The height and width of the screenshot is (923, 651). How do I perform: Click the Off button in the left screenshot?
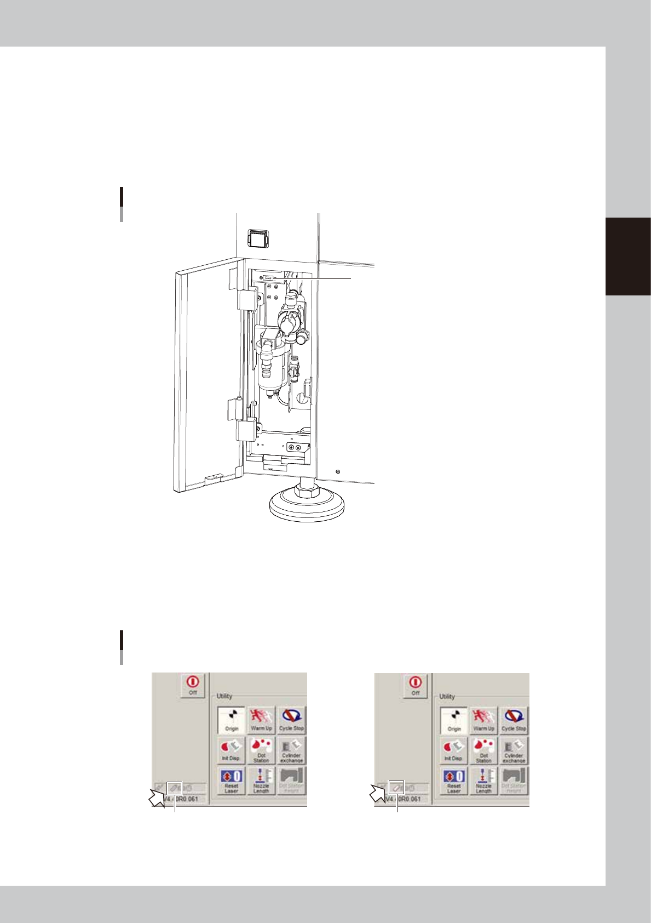click(193, 685)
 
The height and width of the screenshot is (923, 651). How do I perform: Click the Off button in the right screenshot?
click(415, 685)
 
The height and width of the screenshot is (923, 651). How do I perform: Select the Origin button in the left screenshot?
click(232, 720)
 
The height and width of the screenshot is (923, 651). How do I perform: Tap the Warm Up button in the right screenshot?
click(483, 720)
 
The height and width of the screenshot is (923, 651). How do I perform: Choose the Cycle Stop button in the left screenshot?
click(291, 720)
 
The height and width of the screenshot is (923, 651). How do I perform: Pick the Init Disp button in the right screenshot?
click(453, 750)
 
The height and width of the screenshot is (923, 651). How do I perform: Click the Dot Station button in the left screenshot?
click(261, 750)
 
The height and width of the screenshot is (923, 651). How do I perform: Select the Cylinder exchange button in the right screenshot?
click(514, 750)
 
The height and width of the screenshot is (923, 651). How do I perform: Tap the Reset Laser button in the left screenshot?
click(231, 780)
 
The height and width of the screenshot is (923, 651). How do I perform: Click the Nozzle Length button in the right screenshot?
click(483, 780)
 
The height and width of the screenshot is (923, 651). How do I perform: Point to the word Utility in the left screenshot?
click(224, 696)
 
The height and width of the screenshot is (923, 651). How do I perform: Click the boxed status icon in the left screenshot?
click(174, 788)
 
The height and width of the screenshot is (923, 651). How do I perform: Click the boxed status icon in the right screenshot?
click(396, 788)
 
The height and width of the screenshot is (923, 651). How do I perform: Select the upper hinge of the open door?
click(245, 299)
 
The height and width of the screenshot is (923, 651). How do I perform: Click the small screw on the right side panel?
click(338, 471)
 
